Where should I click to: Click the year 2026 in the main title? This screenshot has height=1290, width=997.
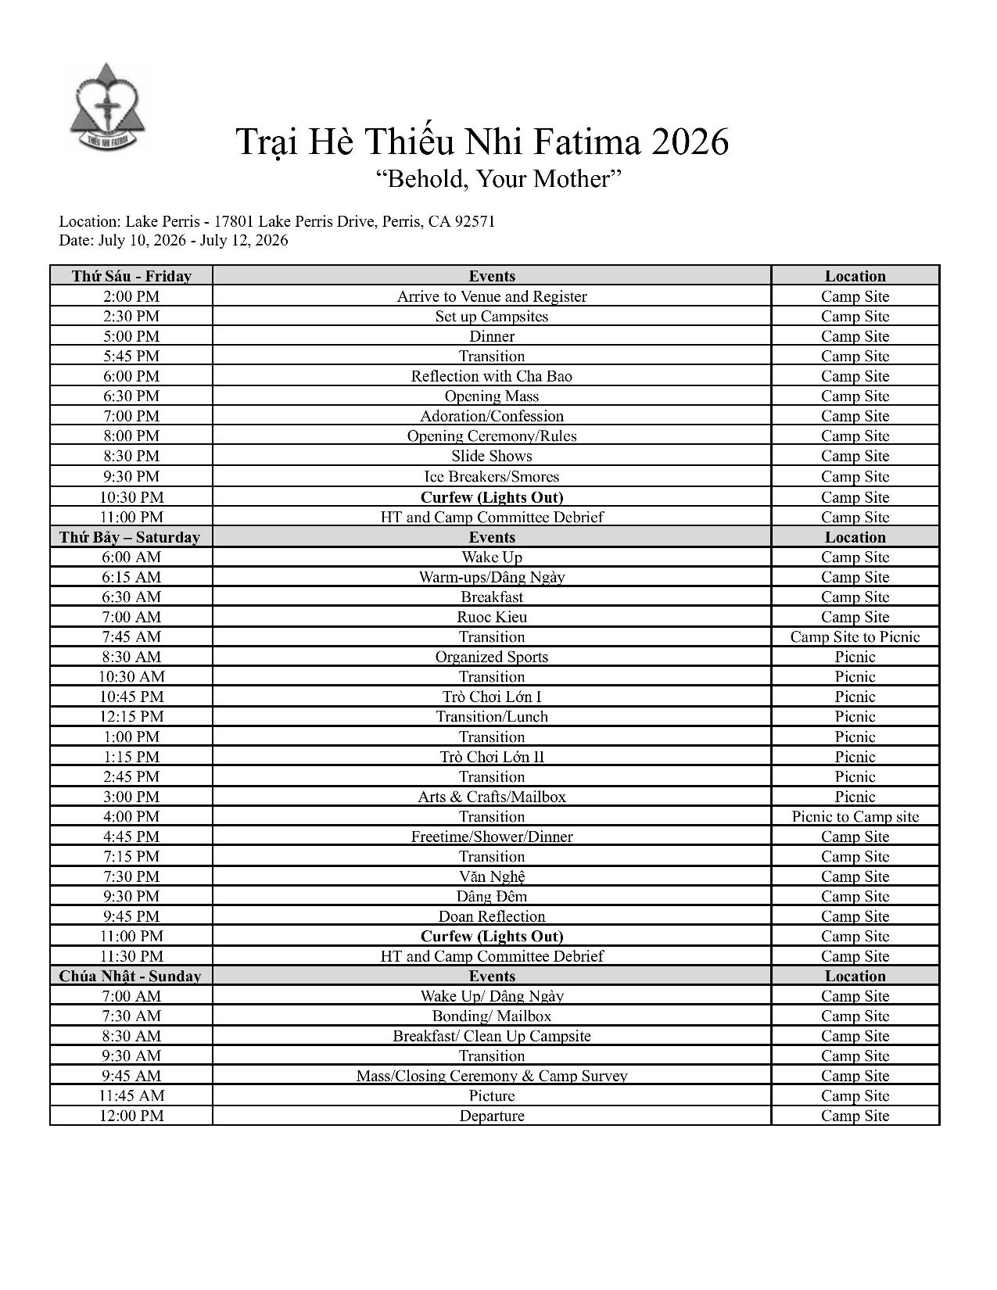(x=689, y=142)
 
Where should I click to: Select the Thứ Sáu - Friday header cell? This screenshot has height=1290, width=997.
(x=131, y=276)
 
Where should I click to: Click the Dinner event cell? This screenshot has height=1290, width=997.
(x=492, y=336)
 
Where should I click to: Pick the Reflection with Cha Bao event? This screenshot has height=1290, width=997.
(x=492, y=376)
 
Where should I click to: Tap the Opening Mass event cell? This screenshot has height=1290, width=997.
(x=492, y=396)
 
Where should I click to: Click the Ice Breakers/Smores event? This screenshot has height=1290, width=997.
(x=492, y=476)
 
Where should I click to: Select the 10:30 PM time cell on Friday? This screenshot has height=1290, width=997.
(x=131, y=497)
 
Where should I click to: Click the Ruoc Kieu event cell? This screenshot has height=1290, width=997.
(x=492, y=617)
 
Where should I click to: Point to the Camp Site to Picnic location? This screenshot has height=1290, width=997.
(x=855, y=636)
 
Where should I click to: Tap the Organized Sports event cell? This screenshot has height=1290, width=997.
(x=492, y=657)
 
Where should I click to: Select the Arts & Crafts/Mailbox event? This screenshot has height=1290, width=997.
(x=492, y=797)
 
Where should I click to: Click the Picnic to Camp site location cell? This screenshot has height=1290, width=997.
(x=855, y=817)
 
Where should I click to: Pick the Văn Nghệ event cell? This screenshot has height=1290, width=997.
(x=492, y=876)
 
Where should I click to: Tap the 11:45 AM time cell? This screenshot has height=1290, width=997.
(x=131, y=1095)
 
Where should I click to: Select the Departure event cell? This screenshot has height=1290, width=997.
(x=492, y=1116)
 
